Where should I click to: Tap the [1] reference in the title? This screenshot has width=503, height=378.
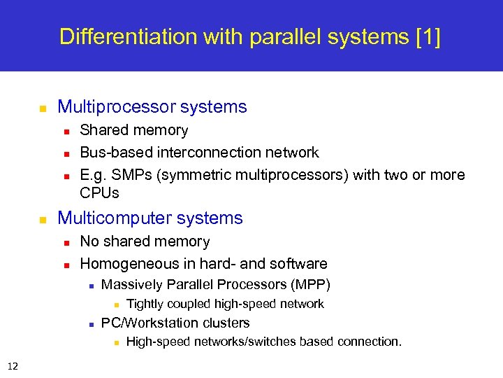[x=428, y=36]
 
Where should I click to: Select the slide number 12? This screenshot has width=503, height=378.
[x=13, y=365]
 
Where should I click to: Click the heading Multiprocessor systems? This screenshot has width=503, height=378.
[x=152, y=107]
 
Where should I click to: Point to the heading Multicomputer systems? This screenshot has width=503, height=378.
[x=150, y=218]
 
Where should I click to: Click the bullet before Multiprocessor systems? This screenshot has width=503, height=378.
[x=42, y=108]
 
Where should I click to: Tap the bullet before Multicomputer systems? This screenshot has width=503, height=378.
[x=42, y=220]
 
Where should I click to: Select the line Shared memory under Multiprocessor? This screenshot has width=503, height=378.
[x=133, y=130]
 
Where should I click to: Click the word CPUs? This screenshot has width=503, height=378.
[x=99, y=192]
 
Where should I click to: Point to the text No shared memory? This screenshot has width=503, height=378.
[x=145, y=241]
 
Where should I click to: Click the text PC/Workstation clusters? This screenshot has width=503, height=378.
[x=175, y=323]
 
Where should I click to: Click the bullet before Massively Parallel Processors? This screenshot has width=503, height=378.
[x=92, y=286]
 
